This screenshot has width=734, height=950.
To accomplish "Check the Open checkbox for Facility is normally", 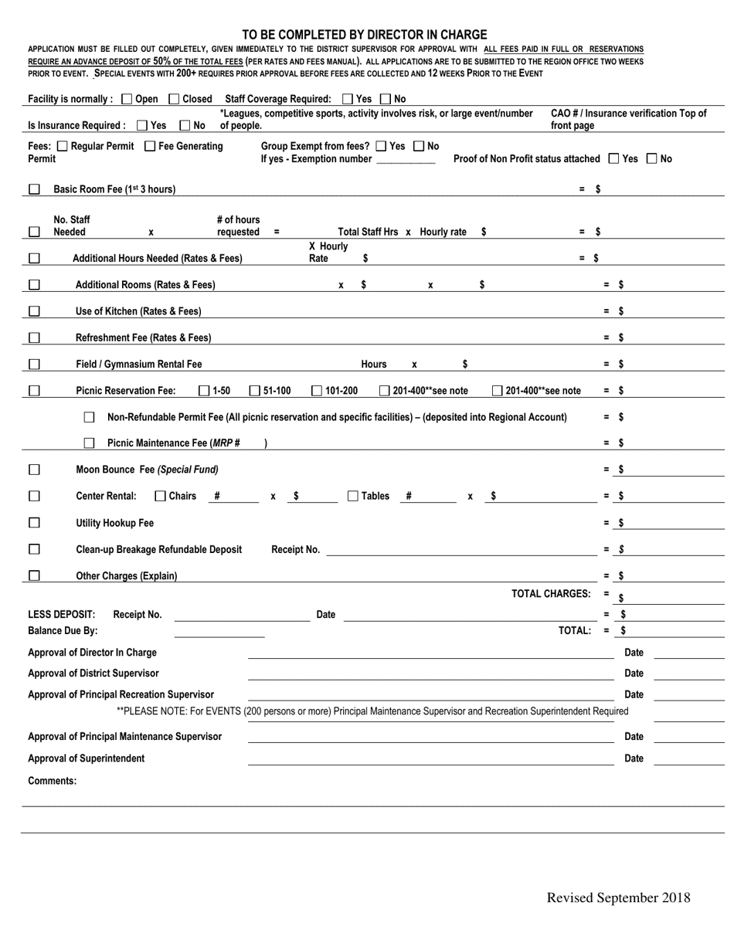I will click(x=127, y=99).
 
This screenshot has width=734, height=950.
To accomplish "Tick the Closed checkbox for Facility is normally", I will click(x=174, y=99).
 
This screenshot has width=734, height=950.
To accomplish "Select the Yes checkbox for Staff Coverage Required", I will click(x=347, y=99).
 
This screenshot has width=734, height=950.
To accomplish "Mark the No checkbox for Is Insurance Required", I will click(x=185, y=125).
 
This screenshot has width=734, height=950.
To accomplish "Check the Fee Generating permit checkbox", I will click(x=150, y=146).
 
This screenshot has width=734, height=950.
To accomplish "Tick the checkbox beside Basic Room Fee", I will click(x=34, y=189).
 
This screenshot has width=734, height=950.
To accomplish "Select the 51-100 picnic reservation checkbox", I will click(x=254, y=391).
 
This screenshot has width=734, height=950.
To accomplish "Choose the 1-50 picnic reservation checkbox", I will click(x=204, y=391).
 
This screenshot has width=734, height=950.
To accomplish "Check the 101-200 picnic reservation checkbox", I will click(x=317, y=391).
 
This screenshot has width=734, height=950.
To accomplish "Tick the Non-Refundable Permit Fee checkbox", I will click(x=89, y=417).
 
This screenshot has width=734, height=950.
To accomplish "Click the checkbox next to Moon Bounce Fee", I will click(x=34, y=470).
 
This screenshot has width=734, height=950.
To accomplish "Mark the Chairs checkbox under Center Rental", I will click(x=160, y=496).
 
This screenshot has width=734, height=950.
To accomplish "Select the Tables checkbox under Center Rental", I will click(x=353, y=496).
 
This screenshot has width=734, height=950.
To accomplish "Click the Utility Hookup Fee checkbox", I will click(x=34, y=523).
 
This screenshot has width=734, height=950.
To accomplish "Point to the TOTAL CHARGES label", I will click(x=551, y=593).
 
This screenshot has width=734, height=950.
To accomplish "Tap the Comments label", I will click(x=53, y=781).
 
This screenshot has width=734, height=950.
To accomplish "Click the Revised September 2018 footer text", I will click(x=618, y=897).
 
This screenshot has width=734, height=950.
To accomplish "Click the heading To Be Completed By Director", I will click(x=365, y=35).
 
